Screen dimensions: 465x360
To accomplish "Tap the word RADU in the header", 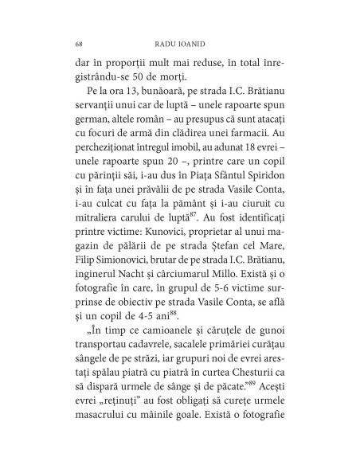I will pos(160,43).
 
